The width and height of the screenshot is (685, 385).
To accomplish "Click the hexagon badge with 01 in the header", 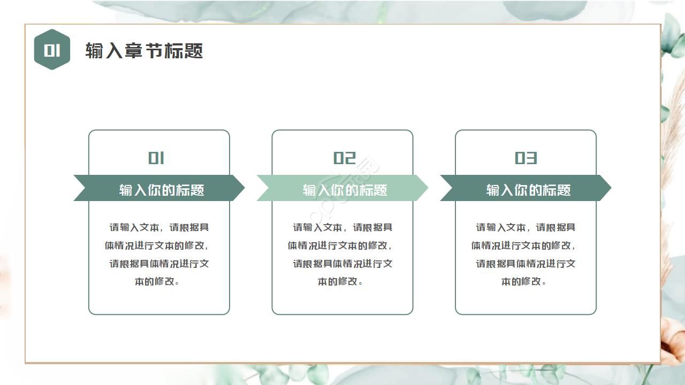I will [x=52, y=50].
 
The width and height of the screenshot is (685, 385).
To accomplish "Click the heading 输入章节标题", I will [x=144, y=51].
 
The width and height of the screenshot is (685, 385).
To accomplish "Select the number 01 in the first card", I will [x=156, y=158].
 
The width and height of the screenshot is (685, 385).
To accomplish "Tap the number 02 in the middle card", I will [x=344, y=158].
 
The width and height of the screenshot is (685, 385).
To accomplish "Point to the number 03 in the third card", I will [x=526, y=158].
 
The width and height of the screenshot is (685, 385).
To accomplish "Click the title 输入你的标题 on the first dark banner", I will [x=161, y=190].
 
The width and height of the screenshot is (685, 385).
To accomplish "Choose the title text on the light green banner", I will [x=345, y=190].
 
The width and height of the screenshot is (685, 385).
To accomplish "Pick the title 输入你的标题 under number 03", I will [x=528, y=190].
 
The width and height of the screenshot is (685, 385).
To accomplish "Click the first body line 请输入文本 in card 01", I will [x=159, y=227].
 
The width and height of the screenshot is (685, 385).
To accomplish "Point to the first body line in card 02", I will [x=342, y=227].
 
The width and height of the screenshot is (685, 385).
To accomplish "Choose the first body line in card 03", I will [x=526, y=227].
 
